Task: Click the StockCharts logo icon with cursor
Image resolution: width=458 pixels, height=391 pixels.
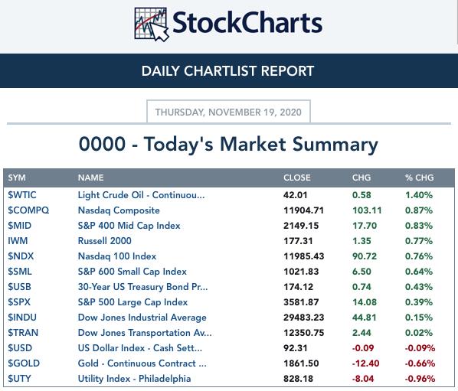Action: [152, 24]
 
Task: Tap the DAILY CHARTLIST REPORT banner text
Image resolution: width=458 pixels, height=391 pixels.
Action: [227, 71]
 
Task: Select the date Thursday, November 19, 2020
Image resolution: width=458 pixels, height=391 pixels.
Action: [228, 112]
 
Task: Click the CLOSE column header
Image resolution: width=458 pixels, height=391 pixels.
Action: [296, 178]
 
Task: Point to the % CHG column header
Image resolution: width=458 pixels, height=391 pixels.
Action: [420, 178]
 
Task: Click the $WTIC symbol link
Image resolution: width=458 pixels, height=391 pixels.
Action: [22, 195]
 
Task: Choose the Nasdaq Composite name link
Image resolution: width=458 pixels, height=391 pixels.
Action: [119, 210]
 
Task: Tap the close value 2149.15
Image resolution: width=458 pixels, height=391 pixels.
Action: [301, 226]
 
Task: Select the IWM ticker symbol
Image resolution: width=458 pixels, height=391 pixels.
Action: [18, 241]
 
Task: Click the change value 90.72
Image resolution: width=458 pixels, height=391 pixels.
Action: [365, 256]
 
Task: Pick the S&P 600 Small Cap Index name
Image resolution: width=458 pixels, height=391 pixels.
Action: [132, 272]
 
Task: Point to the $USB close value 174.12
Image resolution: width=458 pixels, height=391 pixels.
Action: [298, 287]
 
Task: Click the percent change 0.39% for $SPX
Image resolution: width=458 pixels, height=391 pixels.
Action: [419, 302]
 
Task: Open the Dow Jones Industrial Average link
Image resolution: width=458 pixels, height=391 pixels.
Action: [142, 318]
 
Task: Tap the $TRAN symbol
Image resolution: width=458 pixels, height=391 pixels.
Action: [23, 333]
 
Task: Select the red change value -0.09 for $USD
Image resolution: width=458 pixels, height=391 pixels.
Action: [363, 348]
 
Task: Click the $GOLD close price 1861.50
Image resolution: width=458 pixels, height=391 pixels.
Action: [301, 363]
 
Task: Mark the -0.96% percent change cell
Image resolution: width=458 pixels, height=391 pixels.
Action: [420, 379]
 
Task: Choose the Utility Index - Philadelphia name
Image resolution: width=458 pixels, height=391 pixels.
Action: [134, 379]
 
